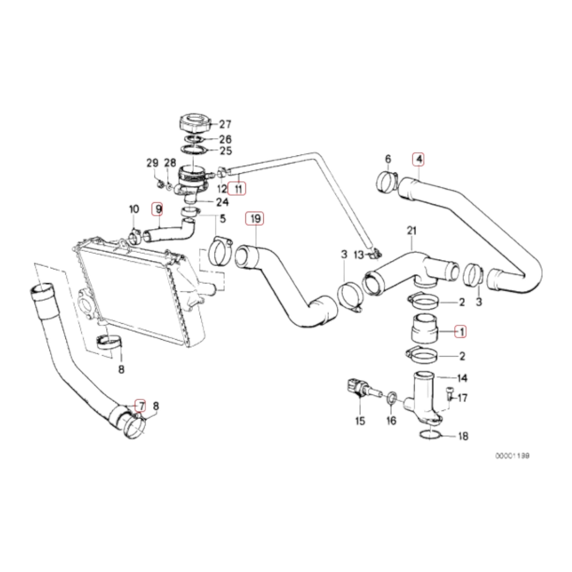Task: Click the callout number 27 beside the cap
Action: [x=225, y=124]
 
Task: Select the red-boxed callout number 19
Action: [x=255, y=218]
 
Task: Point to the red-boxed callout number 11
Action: [x=238, y=188]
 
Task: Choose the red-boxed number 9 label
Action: [x=158, y=208]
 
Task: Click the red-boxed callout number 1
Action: [x=461, y=331]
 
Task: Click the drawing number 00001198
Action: [x=512, y=456]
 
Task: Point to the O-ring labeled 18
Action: [x=429, y=435]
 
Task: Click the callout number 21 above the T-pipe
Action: [x=412, y=230]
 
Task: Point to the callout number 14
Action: [x=462, y=378]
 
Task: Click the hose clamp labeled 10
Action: [x=135, y=237]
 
